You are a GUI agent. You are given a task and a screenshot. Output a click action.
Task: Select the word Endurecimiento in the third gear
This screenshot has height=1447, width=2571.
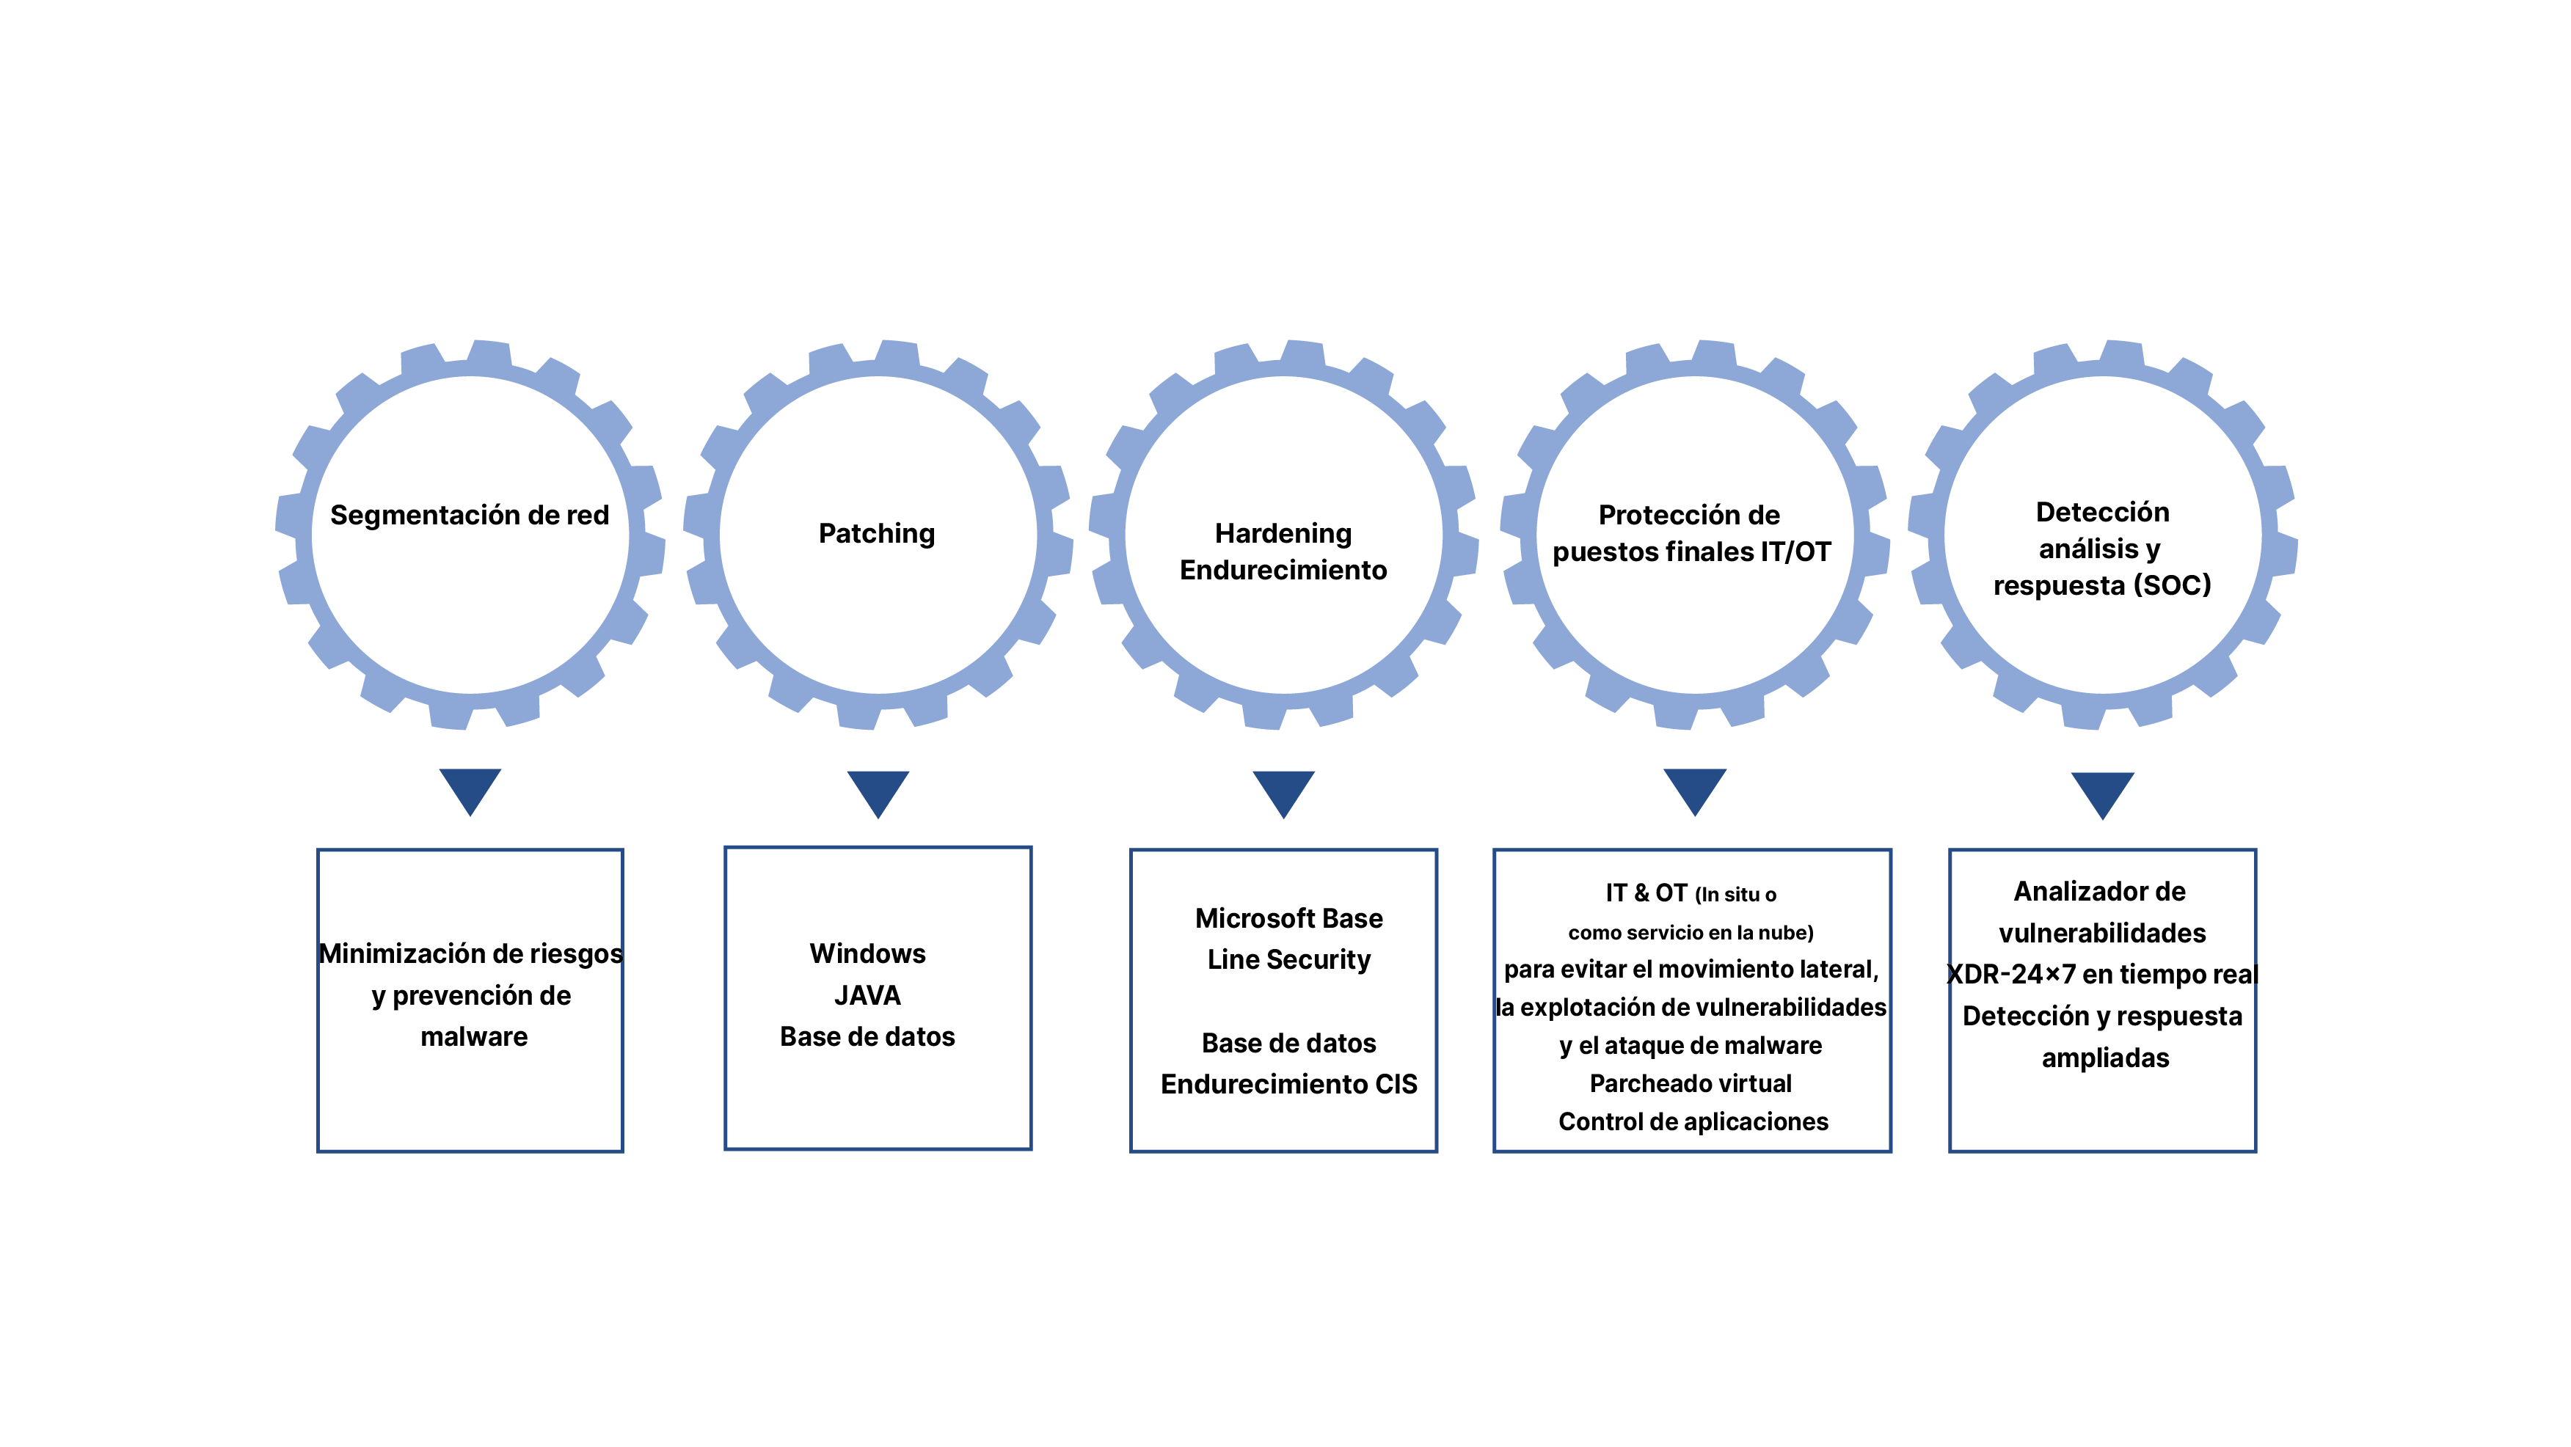click(x=1283, y=570)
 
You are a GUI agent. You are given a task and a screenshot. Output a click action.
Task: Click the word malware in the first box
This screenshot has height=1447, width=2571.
click(x=474, y=1037)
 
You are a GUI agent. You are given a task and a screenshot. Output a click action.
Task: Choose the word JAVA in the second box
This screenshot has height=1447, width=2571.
click(x=867, y=995)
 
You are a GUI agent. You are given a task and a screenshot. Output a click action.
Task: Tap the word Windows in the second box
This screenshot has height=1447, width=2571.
click(x=867, y=953)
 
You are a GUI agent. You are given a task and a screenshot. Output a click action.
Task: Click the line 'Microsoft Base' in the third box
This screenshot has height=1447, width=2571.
click(x=1288, y=918)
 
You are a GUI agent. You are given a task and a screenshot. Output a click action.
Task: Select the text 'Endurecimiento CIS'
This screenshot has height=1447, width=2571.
click(x=1288, y=1084)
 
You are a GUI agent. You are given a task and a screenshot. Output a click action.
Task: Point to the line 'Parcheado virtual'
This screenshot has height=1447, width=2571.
click(x=1691, y=1084)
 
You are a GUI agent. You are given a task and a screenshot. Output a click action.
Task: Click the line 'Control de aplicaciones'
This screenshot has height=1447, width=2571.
click(x=1693, y=1121)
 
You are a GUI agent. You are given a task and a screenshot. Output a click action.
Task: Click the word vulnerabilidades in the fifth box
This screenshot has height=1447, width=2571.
click(x=2102, y=933)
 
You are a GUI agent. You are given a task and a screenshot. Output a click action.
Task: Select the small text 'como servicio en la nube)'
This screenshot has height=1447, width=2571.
click(x=1691, y=933)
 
